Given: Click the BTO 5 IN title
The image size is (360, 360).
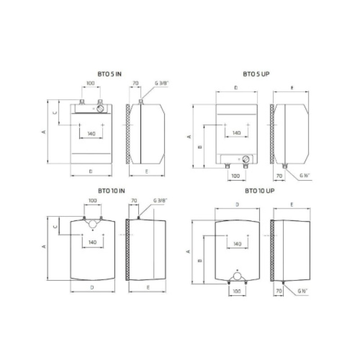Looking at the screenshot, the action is tap(109, 74).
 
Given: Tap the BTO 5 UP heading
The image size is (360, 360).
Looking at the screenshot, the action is tap(256, 74).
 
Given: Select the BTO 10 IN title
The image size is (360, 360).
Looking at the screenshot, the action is tap(111, 191).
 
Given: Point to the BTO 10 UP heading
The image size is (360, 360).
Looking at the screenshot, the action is tap(260, 191).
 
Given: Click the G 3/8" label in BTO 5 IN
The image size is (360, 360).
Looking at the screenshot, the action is tap(162, 83).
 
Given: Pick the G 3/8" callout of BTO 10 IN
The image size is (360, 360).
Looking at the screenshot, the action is tap(160, 200).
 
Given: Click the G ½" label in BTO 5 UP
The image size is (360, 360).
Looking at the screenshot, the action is tap(305, 175).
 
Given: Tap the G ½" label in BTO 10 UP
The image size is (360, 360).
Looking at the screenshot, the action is tap(302, 291).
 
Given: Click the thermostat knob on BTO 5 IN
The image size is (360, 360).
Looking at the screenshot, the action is tap(100, 108).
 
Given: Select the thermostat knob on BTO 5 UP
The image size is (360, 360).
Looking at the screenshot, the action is tap(246, 159).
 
